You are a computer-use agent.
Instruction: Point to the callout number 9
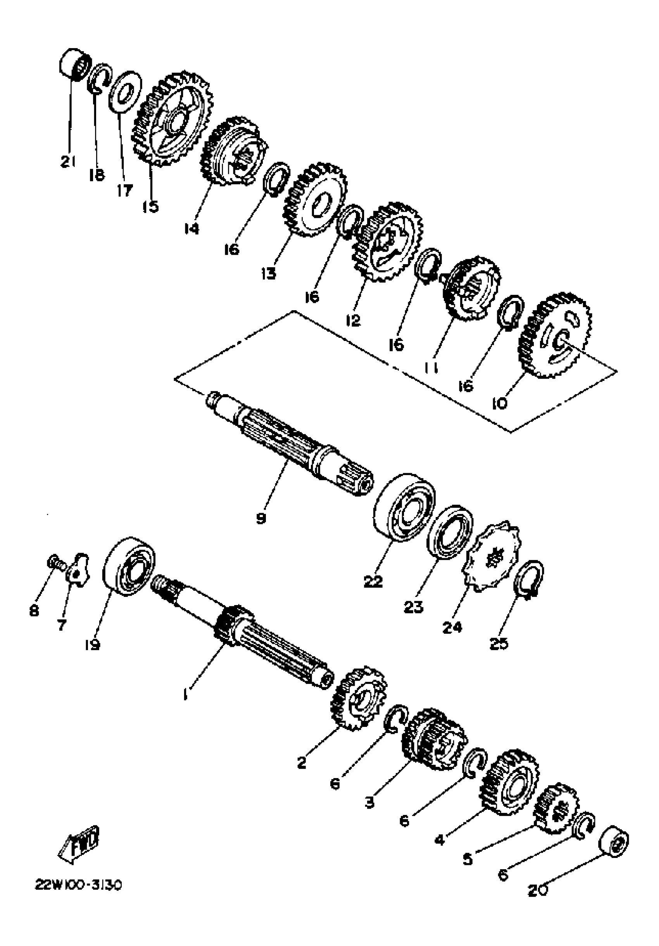pos(261,518)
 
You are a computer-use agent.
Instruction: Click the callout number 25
pos(499,643)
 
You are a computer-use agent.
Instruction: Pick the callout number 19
pos(93,644)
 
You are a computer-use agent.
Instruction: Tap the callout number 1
pos(186,695)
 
